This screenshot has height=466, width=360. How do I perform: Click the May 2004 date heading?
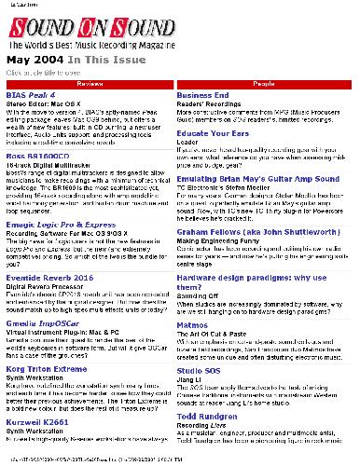click(32, 59)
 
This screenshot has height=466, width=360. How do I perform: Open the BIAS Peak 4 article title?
click(31, 95)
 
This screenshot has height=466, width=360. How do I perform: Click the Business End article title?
click(202, 95)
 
